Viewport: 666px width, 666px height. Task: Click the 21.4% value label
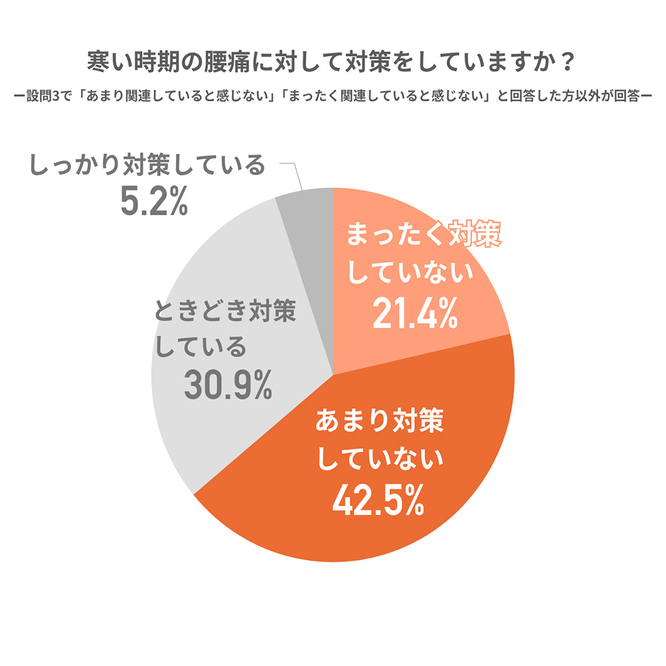[414, 315]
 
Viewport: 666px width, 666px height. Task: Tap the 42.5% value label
[378, 500]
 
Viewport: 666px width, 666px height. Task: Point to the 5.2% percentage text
[154, 202]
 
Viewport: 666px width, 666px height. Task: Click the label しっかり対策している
[147, 166]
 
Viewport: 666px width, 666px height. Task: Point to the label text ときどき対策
[225, 312]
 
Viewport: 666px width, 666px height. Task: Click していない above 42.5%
[379, 460]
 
